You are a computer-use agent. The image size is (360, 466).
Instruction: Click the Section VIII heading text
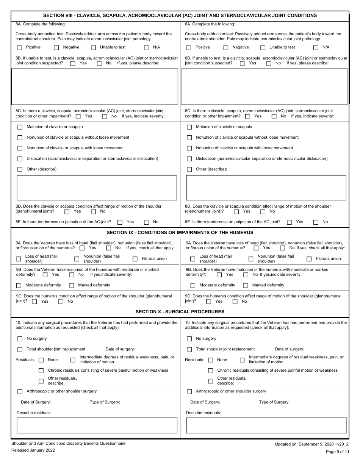180,16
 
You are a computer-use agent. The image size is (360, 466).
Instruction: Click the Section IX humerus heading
180,232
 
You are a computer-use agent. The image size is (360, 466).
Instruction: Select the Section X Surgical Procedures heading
180,312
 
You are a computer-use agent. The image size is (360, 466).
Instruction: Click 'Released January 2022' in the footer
33,450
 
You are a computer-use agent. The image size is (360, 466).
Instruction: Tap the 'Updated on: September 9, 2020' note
311,444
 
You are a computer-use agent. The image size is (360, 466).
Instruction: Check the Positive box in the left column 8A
19,48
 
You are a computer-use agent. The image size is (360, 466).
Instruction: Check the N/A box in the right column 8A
316,48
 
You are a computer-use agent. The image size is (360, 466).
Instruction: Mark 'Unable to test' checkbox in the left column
93,48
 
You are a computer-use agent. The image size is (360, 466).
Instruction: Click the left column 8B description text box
95,86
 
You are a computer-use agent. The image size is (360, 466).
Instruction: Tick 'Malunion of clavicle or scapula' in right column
189,127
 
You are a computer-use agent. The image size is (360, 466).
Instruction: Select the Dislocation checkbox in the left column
20,159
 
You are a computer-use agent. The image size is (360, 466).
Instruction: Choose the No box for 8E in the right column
316,222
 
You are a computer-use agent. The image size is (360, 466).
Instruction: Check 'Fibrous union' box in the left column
135,259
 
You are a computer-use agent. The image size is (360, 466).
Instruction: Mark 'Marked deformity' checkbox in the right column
245,286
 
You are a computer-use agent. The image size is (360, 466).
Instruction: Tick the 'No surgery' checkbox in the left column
20,339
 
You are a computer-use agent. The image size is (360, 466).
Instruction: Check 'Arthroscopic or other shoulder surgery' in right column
189,392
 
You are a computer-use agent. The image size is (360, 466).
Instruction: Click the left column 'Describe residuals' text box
97,425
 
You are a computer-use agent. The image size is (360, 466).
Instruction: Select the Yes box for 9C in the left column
34,302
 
